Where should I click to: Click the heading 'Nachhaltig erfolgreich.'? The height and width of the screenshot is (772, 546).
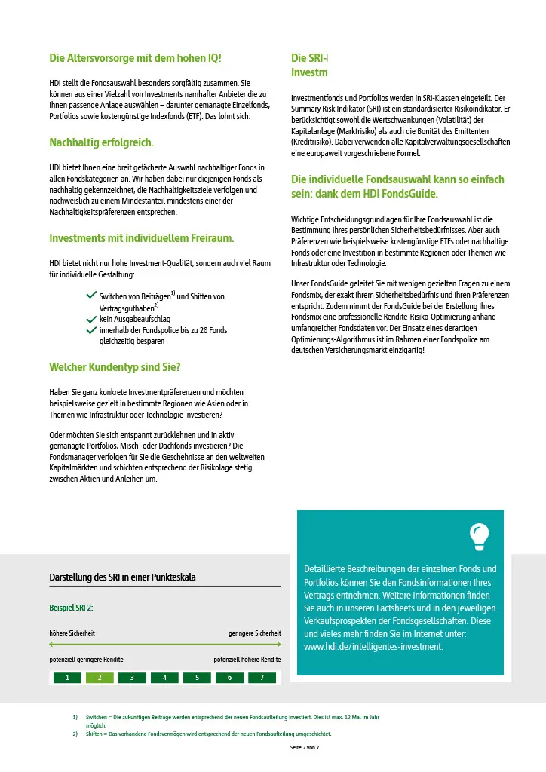(101, 142)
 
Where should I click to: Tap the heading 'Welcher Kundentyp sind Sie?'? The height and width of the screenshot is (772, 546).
(115, 367)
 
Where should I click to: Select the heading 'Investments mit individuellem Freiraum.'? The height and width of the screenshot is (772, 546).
(142, 238)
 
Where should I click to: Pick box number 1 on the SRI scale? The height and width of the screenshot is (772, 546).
(67, 678)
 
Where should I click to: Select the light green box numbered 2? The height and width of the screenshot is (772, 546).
(100, 678)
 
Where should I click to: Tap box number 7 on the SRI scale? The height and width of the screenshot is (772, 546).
(262, 678)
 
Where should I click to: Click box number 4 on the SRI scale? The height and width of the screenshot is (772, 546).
(164, 678)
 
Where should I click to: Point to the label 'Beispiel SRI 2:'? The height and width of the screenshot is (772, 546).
(71, 608)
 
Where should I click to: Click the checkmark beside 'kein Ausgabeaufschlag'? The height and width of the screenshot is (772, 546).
(91, 320)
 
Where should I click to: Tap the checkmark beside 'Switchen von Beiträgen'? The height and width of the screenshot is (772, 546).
(91, 296)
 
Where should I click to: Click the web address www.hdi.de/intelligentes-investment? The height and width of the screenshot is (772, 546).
(373, 647)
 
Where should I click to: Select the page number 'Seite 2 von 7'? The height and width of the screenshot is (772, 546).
(305, 747)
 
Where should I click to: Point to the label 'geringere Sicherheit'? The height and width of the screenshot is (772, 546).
(254, 633)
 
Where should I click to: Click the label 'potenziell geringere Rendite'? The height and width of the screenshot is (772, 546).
(86, 660)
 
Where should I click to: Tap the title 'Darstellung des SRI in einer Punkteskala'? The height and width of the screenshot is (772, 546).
(122, 577)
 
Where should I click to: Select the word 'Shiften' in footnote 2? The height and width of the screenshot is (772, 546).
(96, 734)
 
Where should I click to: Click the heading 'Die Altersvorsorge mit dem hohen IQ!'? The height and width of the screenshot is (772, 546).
(135, 57)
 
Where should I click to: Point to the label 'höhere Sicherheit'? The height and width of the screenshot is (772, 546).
(72, 633)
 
